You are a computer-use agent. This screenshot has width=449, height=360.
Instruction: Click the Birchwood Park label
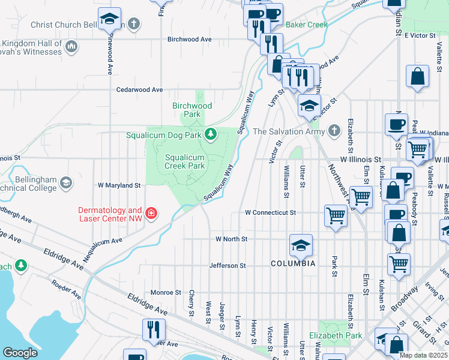(x=192, y=110)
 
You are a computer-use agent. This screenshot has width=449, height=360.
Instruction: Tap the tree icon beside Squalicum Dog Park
(x=210, y=134)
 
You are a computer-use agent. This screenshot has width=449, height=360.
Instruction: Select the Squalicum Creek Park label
(x=185, y=162)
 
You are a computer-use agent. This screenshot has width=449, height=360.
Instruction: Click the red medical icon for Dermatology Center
(x=151, y=213)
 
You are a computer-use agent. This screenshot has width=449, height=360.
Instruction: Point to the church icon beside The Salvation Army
(x=334, y=131)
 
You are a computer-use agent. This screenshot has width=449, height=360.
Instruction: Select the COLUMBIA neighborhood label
(x=293, y=263)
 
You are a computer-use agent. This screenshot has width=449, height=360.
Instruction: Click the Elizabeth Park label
(x=336, y=335)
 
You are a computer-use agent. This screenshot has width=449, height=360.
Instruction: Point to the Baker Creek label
(x=307, y=25)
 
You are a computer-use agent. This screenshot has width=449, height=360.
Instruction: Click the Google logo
(x=20, y=352)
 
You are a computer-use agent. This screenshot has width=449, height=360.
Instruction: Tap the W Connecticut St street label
(x=270, y=212)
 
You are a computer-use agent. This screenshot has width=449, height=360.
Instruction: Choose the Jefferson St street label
(x=228, y=265)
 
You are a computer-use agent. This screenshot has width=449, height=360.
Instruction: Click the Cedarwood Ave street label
(x=139, y=89)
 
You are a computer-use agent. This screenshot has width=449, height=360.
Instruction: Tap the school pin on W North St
(x=301, y=245)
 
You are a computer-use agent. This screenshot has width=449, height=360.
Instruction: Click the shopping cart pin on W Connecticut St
(x=336, y=215)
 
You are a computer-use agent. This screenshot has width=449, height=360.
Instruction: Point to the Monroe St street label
(x=166, y=292)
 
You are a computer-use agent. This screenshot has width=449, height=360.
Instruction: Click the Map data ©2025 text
(x=423, y=355)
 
